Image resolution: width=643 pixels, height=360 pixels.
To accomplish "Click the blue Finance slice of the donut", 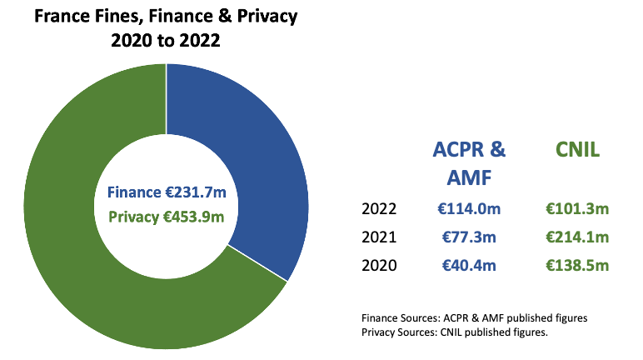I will pyautogui.click(x=250, y=150).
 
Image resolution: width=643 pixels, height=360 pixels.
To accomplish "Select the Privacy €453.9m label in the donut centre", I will pyautogui.click(x=167, y=217).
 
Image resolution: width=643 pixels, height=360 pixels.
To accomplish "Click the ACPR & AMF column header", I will pyautogui.click(x=469, y=162).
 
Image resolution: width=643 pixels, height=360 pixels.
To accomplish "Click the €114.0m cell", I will pyautogui.click(x=469, y=208).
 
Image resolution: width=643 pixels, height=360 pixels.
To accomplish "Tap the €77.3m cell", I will pyautogui.click(x=469, y=237).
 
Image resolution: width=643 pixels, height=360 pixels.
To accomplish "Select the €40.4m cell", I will pyautogui.click(x=469, y=267).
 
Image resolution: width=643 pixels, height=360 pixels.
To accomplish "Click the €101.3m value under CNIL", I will pyautogui.click(x=577, y=208).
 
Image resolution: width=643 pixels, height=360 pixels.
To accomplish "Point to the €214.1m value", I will pyautogui.click(x=577, y=237).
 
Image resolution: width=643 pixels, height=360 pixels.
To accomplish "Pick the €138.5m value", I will pyautogui.click(x=577, y=267).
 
